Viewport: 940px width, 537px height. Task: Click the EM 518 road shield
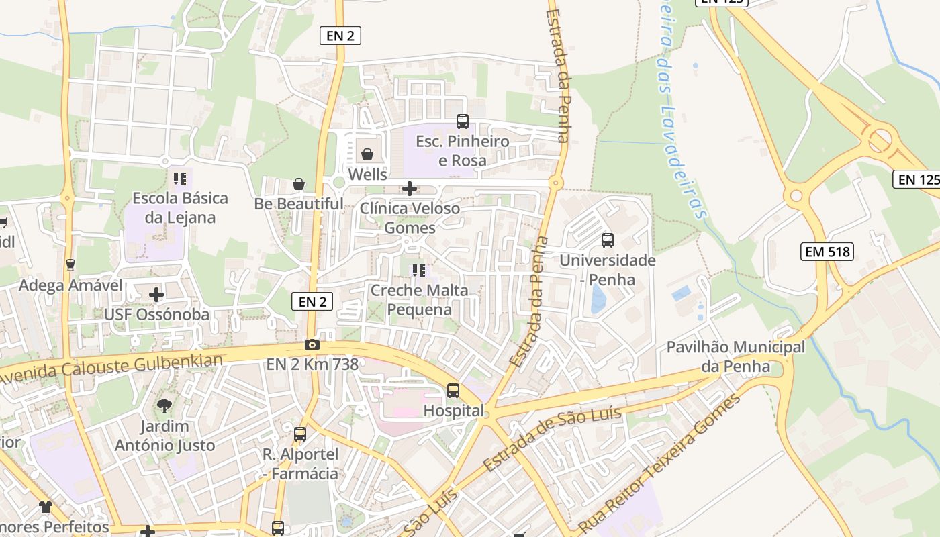click(x=827, y=252)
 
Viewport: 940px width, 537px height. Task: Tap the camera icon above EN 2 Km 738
click(x=312, y=344)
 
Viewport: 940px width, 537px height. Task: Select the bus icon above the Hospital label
click(x=453, y=391)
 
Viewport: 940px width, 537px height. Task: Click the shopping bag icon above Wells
click(x=367, y=154)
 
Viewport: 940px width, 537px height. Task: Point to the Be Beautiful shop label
click(x=299, y=203)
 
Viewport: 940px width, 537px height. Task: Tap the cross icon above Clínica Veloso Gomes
click(x=410, y=189)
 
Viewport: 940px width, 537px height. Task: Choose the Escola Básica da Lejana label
click(x=180, y=208)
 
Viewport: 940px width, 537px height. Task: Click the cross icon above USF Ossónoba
click(x=156, y=295)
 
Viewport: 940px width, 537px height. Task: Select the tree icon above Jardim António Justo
click(x=164, y=405)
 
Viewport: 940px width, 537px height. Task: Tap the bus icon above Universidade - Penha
click(x=608, y=240)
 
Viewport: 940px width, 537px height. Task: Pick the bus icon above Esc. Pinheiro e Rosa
click(x=463, y=121)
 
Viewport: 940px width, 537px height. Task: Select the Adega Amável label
click(x=70, y=285)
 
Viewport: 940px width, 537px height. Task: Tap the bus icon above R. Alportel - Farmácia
click(x=299, y=434)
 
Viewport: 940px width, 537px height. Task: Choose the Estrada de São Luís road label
click(x=552, y=440)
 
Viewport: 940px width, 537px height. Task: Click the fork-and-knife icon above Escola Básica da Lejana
click(x=180, y=179)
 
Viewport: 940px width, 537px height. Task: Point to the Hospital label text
click(x=454, y=411)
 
